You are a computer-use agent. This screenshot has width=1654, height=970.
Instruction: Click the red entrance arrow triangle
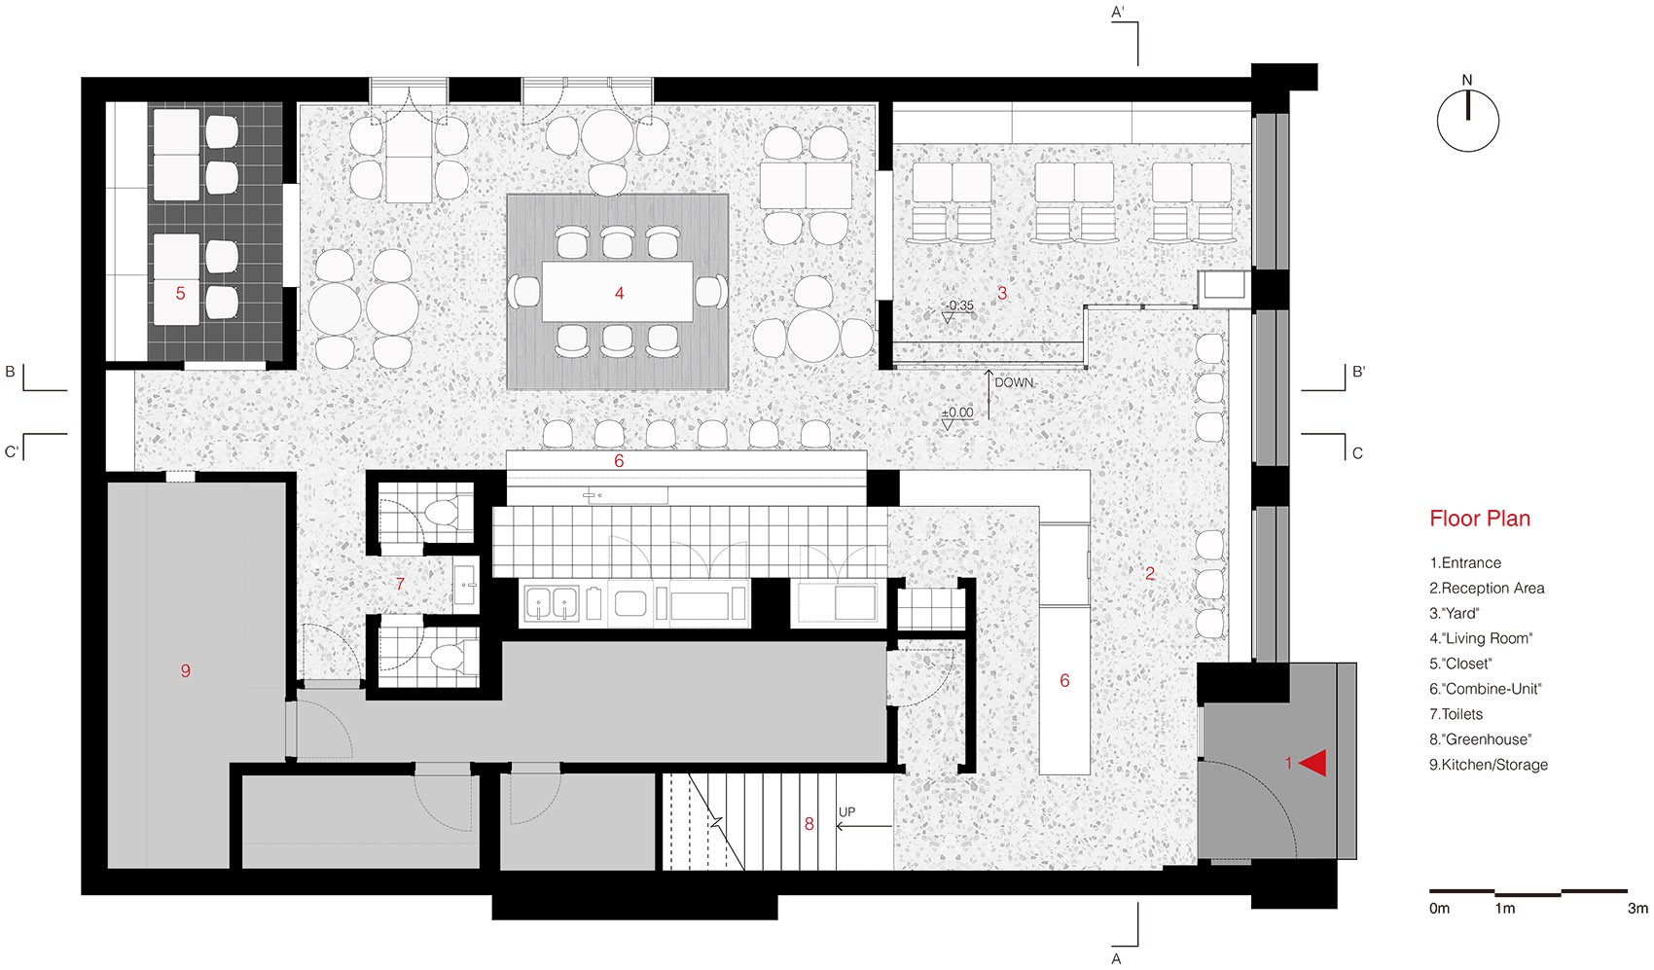pyautogui.click(x=1312, y=764)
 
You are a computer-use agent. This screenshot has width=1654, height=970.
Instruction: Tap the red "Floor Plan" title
pyautogui.click(x=1480, y=519)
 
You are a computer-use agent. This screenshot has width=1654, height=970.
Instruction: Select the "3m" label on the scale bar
pyautogui.click(x=1637, y=909)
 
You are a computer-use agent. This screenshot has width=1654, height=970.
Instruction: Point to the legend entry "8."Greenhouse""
pyautogui.click(x=1481, y=739)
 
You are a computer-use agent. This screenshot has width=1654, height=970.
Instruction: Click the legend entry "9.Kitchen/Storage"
pyautogui.click(x=1489, y=765)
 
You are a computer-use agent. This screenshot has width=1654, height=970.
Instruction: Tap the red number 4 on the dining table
pyautogui.click(x=620, y=294)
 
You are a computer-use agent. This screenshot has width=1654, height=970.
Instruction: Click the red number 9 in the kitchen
pyautogui.click(x=185, y=670)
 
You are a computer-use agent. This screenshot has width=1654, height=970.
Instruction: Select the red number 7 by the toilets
pyautogui.click(x=400, y=585)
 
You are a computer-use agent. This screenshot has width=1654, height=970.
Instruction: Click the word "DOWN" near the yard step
pyautogui.click(x=1014, y=383)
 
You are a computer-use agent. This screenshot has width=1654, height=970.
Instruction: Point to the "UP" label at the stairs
pyautogui.click(x=846, y=812)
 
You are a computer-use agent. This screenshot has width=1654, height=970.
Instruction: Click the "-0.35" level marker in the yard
pyautogui.click(x=960, y=305)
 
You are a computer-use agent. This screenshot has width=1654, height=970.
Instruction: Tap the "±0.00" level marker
pyautogui.click(x=957, y=413)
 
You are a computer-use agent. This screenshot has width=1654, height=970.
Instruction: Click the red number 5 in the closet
pyautogui.click(x=181, y=294)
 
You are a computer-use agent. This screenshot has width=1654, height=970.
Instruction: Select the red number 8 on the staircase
pyautogui.click(x=809, y=824)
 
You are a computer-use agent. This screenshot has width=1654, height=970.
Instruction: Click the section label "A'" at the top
pyautogui.click(x=1118, y=12)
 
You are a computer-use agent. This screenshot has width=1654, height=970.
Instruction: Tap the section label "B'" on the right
pyautogui.click(x=1358, y=372)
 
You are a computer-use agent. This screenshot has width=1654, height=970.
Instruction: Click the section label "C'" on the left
pyautogui.click(x=12, y=451)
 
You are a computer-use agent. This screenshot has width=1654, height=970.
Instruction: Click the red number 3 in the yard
pyautogui.click(x=1002, y=293)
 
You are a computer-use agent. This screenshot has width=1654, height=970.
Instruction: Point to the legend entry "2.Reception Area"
pyautogui.click(x=1487, y=589)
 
